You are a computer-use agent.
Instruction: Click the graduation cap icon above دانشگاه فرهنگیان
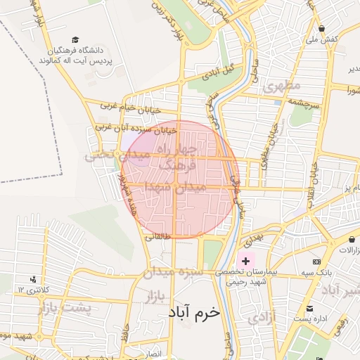pyautogui.click(x=75, y=40)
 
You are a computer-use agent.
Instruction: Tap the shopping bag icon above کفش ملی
pyautogui.click(x=321, y=29)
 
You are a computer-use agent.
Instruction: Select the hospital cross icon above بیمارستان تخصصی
pyautogui.click(x=245, y=261)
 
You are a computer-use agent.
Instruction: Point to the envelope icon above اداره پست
pyautogui.click(x=314, y=308)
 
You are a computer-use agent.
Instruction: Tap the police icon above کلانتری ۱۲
pyautogui.click(x=34, y=280)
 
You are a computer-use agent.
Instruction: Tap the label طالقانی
pyautogui.click(x=158, y=238)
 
